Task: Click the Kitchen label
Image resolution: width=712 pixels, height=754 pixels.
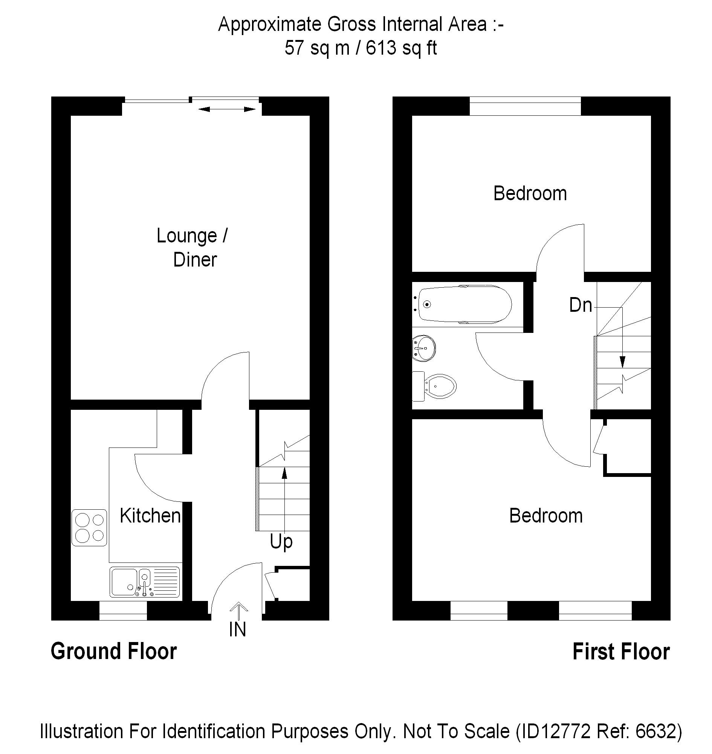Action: [150, 516]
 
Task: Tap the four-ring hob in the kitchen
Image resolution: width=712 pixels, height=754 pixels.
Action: [90, 528]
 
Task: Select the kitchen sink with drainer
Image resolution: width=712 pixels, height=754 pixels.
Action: [145, 582]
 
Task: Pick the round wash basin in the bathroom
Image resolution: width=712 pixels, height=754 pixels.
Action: [424, 347]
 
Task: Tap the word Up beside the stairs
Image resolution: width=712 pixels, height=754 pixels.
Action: [281, 542]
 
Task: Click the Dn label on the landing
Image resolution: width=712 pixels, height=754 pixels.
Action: [581, 305]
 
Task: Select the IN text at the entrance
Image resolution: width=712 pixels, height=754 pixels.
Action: [238, 630]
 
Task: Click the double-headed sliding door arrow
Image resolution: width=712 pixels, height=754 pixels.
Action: [227, 109]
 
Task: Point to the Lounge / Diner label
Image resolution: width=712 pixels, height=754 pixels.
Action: [193, 248]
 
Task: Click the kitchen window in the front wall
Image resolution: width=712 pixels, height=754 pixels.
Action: [123, 611]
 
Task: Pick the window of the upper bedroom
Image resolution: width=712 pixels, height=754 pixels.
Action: [525, 106]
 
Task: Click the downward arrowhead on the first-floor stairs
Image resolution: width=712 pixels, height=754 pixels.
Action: [622, 362]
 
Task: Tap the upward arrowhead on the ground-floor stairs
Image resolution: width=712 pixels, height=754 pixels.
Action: [284, 473]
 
